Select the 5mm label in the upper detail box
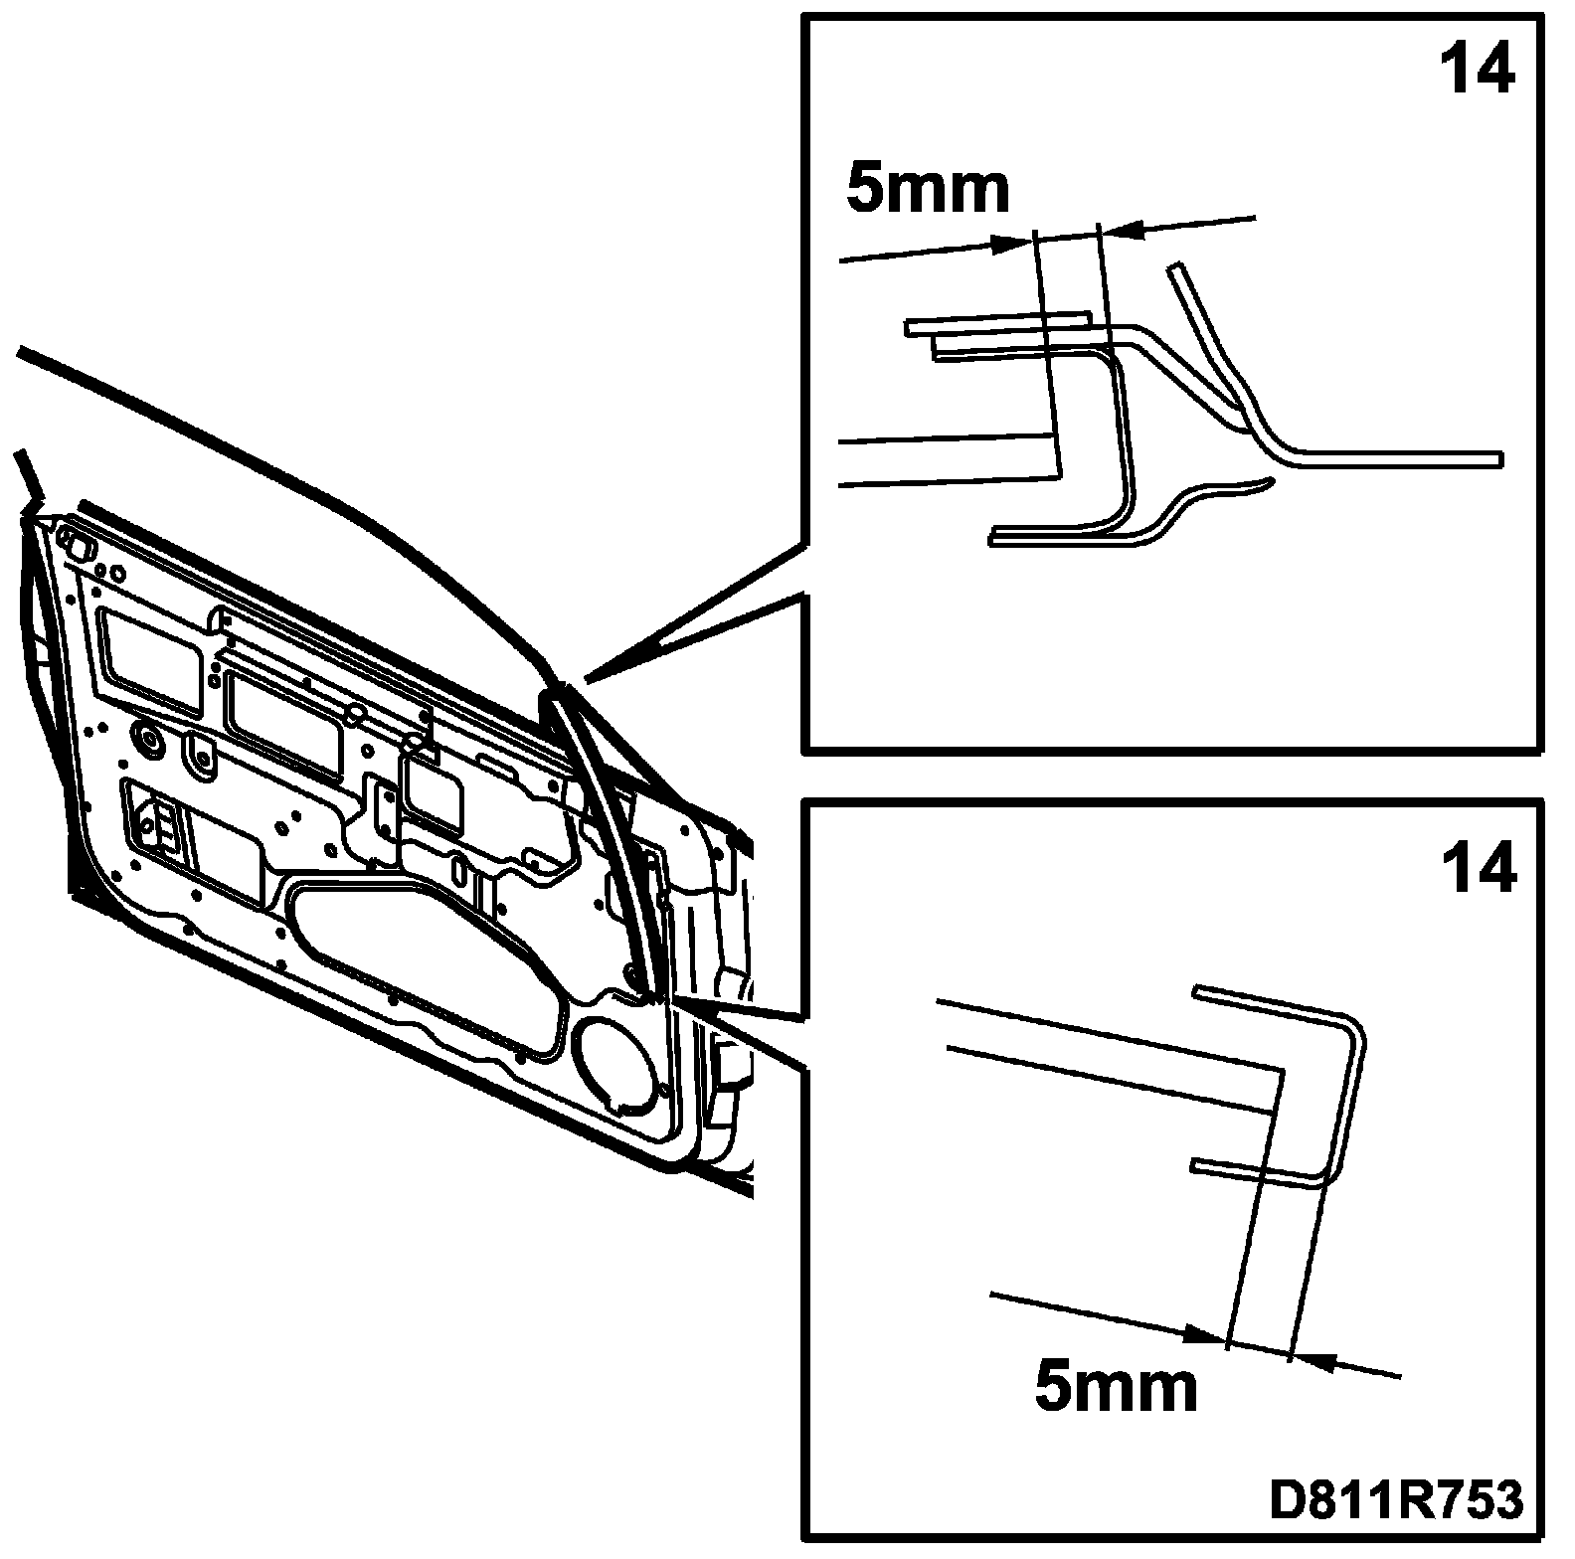coord(928,189)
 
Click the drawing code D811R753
coord(1395,1501)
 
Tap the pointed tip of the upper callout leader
coord(589,680)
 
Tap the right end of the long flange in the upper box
coord(1498,458)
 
